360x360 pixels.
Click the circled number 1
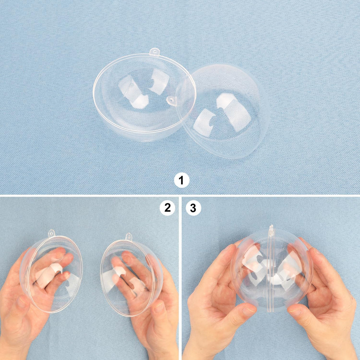[x=182, y=180]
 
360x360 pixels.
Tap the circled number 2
[x=167, y=208]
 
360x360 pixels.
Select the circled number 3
[x=193, y=208]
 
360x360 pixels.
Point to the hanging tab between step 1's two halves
[x=172, y=101]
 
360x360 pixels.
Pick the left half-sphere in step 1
[x=144, y=97]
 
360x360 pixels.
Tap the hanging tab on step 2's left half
[x=52, y=233]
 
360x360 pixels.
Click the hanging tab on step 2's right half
[x=129, y=237]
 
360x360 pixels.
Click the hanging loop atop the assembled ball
[x=271, y=230]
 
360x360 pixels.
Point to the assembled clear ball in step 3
[x=271, y=269]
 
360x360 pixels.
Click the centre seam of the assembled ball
[x=271, y=274]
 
